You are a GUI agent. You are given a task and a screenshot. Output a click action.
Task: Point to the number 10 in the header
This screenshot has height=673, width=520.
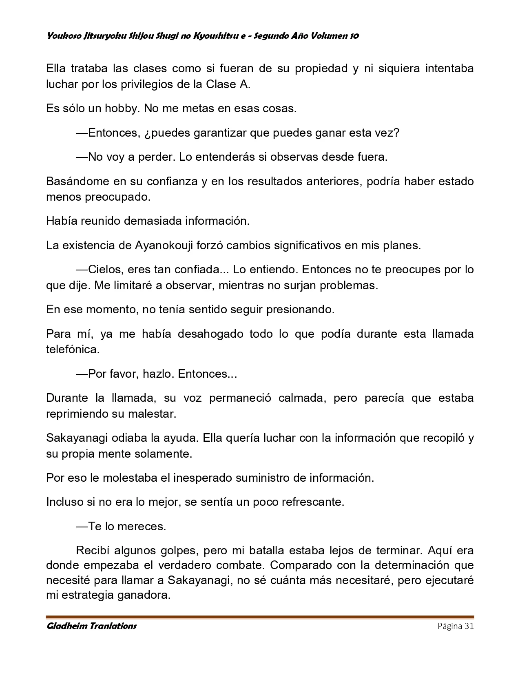(x=354, y=36)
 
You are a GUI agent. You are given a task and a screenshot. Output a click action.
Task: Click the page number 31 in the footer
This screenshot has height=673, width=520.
(x=469, y=626)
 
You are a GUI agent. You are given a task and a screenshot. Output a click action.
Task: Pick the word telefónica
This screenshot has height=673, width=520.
(x=72, y=350)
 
